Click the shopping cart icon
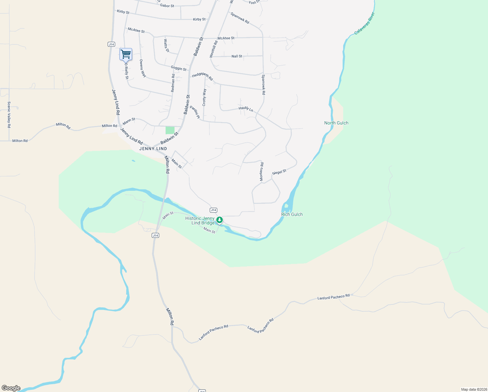click(126, 54)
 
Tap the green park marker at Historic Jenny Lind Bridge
click(220, 220)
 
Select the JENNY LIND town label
click(153, 149)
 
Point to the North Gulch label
click(336, 123)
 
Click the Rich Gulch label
click(292, 214)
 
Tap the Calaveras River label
click(365, 23)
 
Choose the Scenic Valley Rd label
click(9, 114)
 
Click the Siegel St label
click(279, 172)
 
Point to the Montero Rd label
click(262, 171)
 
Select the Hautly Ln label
click(246, 109)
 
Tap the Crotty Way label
click(204, 97)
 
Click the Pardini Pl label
click(195, 112)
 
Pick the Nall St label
click(237, 56)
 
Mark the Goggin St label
click(178, 68)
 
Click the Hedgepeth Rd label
click(202, 76)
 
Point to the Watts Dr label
click(166, 46)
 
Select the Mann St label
click(129, 122)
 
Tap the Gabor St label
click(167, 6)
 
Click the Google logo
click(11, 388)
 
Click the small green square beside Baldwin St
click(170, 130)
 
